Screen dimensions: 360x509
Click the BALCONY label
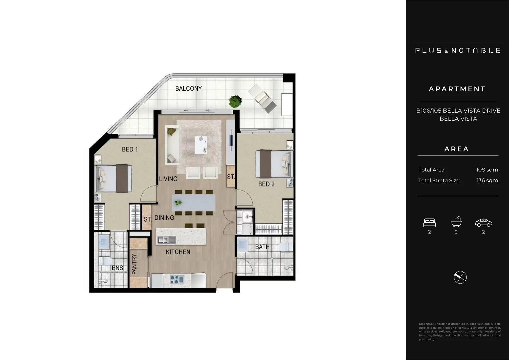(188, 88)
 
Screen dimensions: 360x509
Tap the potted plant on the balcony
(235, 101)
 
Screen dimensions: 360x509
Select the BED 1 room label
(130, 149)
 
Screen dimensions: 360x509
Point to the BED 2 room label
(266, 184)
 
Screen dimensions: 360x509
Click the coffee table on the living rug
(201, 145)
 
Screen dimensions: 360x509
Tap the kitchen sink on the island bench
(166, 239)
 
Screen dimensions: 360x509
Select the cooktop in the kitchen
(177, 279)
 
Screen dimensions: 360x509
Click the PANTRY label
(134, 264)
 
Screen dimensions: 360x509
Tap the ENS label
(117, 268)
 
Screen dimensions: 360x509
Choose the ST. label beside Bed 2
(231, 177)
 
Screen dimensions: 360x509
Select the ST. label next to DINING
(147, 219)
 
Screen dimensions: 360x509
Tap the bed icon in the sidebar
(429, 222)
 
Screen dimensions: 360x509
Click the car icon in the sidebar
(483, 222)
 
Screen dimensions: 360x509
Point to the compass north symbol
(460, 277)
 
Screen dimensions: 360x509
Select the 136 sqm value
(487, 180)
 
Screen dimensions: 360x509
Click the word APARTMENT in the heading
(457, 89)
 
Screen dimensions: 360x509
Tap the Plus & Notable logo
(458, 50)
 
